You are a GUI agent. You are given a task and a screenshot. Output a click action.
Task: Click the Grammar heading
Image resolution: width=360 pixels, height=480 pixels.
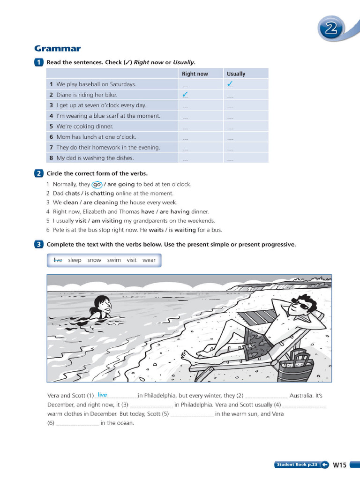(x=58, y=49)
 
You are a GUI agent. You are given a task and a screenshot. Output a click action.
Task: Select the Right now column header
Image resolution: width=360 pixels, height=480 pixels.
(x=195, y=74)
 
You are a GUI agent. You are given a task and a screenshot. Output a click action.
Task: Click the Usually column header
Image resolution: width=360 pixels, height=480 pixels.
(x=236, y=74)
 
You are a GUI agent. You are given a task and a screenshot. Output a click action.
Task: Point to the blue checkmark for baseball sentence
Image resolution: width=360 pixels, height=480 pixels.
(x=230, y=84)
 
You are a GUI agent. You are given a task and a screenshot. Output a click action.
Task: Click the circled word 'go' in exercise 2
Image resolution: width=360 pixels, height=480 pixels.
(x=97, y=184)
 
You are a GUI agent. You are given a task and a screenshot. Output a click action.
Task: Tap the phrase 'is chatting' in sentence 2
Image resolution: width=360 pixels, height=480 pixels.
(x=99, y=193)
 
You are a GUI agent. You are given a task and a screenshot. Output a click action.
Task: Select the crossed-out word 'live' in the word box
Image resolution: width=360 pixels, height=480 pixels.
(x=58, y=260)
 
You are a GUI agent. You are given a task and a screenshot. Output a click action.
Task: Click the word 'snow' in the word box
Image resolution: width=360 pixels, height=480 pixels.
(x=94, y=260)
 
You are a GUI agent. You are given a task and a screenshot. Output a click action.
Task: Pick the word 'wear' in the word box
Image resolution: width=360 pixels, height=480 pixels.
(x=149, y=260)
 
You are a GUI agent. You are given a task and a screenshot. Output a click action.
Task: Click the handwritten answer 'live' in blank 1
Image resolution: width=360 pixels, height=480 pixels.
(x=102, y=395)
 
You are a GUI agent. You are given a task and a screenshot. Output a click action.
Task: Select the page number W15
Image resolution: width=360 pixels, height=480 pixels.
(x=339, y=465)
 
